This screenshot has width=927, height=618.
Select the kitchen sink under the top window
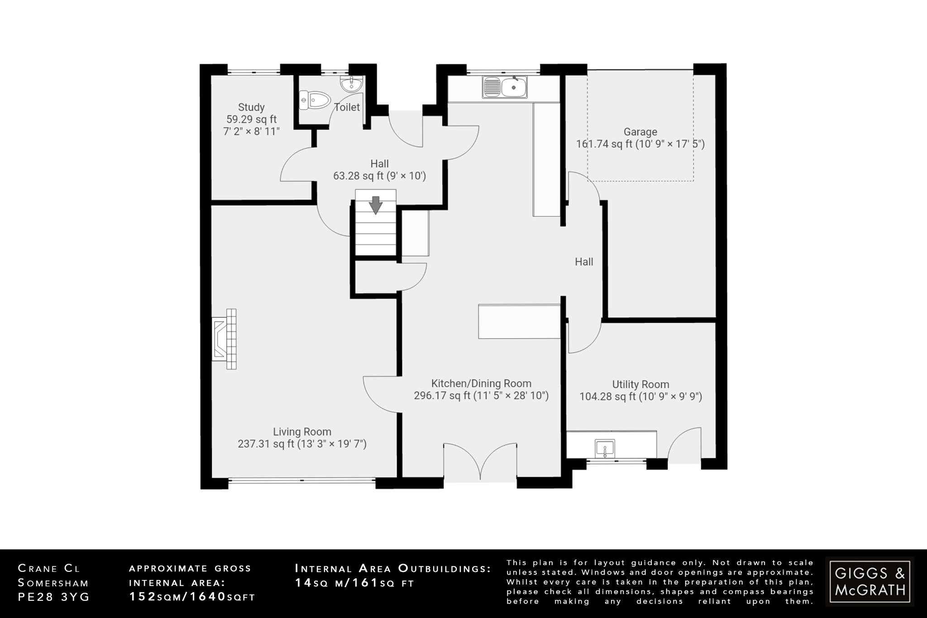point(505,87)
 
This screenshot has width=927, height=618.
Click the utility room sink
point(605,449)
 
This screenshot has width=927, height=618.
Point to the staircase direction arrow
point(376,205)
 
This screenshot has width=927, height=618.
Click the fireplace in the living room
point(225,339)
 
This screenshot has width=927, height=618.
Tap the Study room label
point(251,107)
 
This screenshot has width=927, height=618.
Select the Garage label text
point(640,132)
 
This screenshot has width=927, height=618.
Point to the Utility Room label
point(640,384)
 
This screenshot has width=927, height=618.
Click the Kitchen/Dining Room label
point(481,383)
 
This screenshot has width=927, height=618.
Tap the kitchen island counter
point(519,321)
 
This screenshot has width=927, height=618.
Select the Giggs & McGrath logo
point(870,581)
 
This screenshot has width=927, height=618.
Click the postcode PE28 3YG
point(54,597)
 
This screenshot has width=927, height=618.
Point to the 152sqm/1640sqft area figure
point(192,597)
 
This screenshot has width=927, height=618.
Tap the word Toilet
point(347,107)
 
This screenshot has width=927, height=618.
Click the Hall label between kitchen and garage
point(584,262)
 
